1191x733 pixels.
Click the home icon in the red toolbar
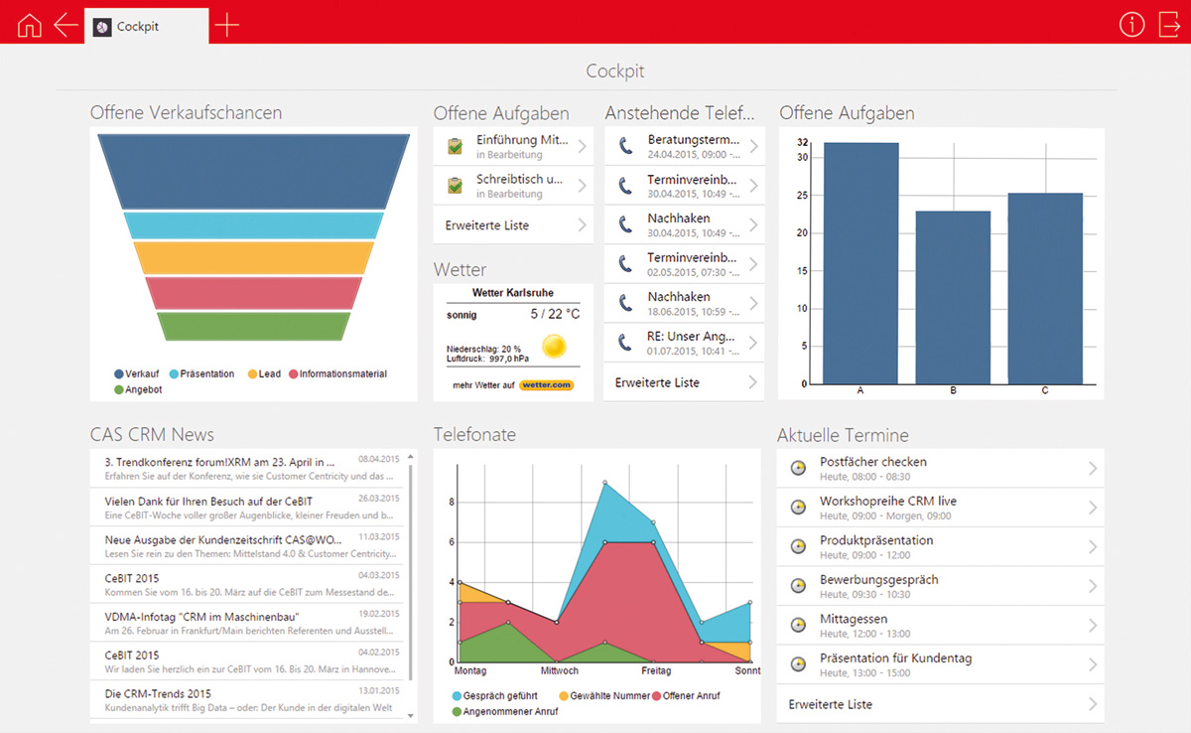click(29, 25)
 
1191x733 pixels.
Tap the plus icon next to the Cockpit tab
click(227, 25)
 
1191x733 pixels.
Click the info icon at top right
click(1131, 25)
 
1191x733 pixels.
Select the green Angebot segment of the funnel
click(254, 326)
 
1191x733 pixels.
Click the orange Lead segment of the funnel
click(254, 258)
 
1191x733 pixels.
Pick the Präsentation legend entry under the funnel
click(202, 373)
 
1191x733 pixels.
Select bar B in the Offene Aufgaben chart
click(953, 297)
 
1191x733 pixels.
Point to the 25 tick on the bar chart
click(802, 196)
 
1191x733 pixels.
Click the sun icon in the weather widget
click(554, 347)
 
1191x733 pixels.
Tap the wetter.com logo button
click(546, 384)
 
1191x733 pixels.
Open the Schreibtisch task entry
click(513, 186)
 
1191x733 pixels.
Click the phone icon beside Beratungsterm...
click(626, 145)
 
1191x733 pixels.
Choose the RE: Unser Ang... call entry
click(684, 343)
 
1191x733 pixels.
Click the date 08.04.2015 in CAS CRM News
click(378, 459)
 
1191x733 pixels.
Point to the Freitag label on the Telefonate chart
click(656, 670)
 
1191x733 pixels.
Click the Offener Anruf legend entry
click(686, 696)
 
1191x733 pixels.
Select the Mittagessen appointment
click(940, 626)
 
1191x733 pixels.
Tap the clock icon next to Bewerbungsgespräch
click(798, 586)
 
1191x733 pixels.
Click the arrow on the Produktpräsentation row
click(1093, 547)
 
